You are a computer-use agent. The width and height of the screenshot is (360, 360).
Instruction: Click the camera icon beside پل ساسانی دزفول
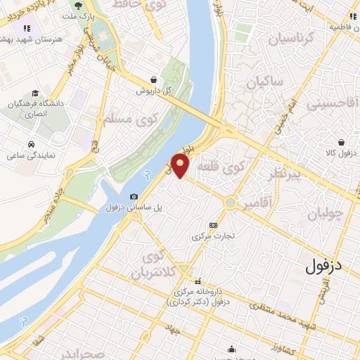pos(134,196)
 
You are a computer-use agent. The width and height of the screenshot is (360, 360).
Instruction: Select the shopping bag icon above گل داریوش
pos(153,79)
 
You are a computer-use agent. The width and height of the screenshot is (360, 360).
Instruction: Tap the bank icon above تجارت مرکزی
pos(213,225)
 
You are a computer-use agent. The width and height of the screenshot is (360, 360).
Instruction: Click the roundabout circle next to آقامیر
pos(230,202)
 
